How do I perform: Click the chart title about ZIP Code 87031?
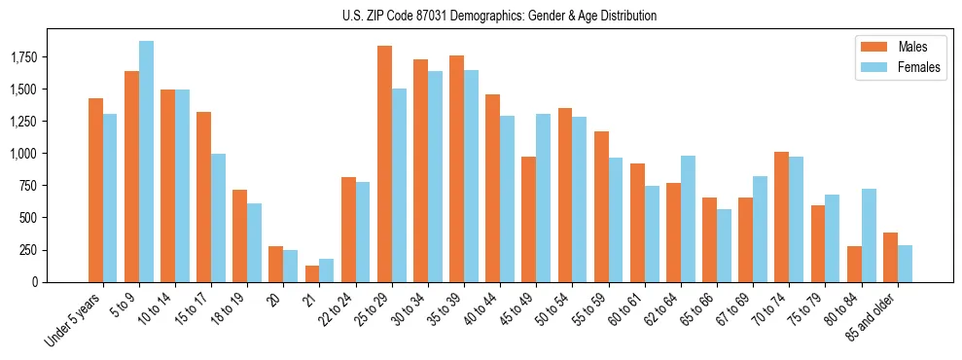point(499,16)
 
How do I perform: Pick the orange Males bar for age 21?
point(312,273)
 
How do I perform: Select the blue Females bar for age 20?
point(291,266)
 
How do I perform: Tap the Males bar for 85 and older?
point(889,257)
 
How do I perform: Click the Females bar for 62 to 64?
point(687,219)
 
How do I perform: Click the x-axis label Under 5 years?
point(73,322)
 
